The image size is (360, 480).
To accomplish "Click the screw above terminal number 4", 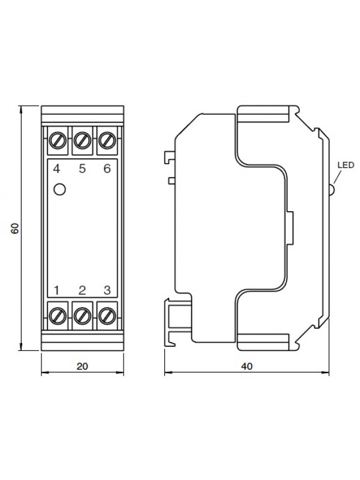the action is [x=58, y=140].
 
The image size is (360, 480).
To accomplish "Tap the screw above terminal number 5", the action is [x=82, y=140].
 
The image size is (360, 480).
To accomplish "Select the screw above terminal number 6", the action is [x=107, y=140].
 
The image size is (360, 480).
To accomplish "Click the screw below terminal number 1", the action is [x=58, y=316].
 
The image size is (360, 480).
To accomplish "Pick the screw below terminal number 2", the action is [x=82, y=316].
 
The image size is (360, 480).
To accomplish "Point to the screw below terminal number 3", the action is [x=107, y=316].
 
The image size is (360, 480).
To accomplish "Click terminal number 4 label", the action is [x=56, y=169].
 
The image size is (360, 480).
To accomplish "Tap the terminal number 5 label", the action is [x=82, y=169].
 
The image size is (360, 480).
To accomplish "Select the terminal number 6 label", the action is [x=107, y=169].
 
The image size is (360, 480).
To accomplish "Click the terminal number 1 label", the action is [x=56, y=290].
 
